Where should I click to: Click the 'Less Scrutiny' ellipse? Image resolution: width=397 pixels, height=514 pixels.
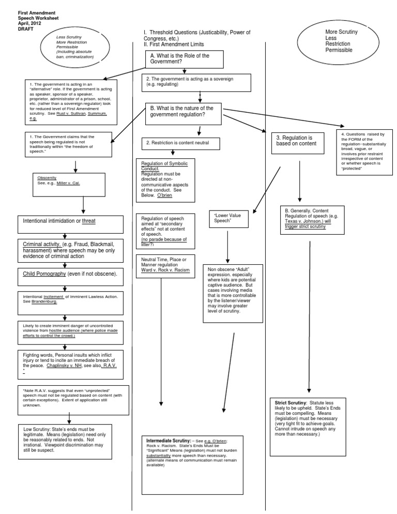click(x=75, y=47)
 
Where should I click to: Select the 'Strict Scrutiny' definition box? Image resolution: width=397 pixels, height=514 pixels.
click(x=309, y=426)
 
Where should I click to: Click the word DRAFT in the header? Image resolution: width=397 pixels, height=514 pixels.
click(x=25, y=28)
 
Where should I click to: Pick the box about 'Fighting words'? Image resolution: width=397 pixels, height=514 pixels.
click(x=72, y=364)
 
